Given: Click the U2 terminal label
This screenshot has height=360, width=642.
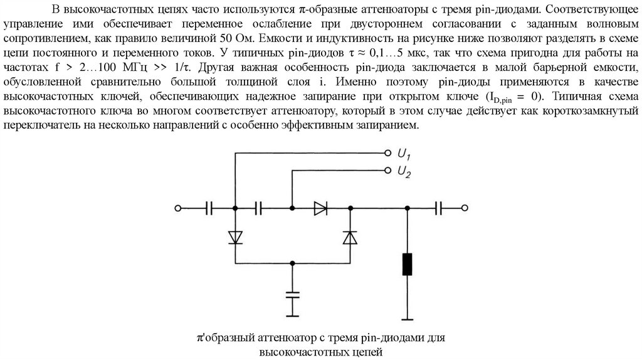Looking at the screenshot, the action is coord(404,172).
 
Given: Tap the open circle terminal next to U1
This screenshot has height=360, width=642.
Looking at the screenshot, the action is coord(387,152).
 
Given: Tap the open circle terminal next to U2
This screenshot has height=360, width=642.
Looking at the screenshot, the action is coord(387,170).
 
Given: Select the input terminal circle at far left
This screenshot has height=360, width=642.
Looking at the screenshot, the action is coord(178,208).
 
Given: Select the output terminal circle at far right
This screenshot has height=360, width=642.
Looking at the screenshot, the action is coord(465,208).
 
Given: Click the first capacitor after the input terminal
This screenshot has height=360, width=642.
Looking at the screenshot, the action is coord(210,208).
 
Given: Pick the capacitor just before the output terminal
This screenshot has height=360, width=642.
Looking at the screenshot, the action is coord(441,208).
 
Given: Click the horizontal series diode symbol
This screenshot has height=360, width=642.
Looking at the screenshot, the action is coord(320,208).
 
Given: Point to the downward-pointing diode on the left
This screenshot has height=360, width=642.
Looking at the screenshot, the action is coord(235,236).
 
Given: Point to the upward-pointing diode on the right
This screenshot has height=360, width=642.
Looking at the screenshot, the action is coord(350,236).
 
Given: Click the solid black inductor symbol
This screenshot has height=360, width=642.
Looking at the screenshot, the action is coord(408,264).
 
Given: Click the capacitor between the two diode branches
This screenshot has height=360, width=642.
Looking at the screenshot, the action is coord(259,208).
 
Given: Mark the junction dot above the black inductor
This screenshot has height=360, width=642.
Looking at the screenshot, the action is coord(408,208).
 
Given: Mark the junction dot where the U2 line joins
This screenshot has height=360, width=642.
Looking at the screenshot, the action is coord(292,208).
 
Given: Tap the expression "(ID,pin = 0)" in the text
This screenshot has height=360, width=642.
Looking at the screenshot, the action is coord(508,97).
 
